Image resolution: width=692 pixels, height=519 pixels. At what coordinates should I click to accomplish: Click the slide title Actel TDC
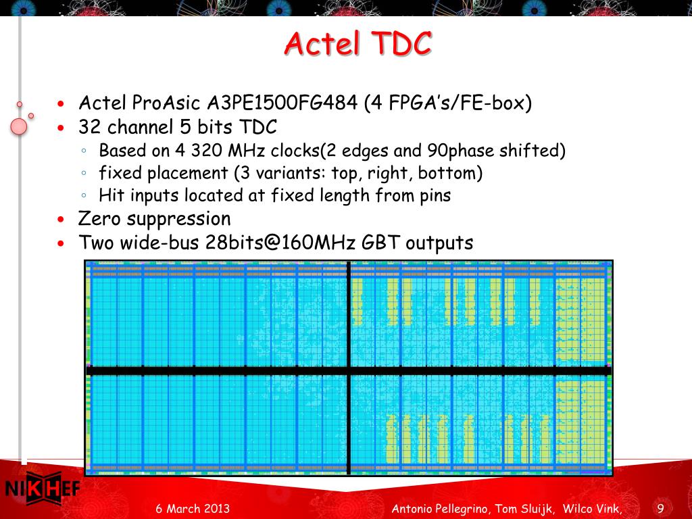358,43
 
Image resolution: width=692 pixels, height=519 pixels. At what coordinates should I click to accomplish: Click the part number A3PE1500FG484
282,103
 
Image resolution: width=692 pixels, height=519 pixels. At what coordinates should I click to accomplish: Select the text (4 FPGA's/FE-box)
448,103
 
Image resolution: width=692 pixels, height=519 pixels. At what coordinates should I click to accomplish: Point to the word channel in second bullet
140,127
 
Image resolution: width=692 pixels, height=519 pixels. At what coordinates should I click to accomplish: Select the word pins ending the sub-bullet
435,195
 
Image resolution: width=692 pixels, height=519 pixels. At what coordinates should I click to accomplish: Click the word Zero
99,219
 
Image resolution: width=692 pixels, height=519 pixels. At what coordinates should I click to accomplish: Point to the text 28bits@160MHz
280,243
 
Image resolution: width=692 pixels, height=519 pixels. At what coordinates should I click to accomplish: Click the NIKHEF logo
43,488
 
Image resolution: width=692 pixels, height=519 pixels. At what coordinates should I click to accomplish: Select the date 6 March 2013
193,508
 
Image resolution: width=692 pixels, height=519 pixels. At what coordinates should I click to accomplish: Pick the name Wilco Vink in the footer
591,509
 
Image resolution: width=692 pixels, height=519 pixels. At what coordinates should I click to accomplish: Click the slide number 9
660,509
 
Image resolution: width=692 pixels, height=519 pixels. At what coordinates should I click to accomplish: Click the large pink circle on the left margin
18,126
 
